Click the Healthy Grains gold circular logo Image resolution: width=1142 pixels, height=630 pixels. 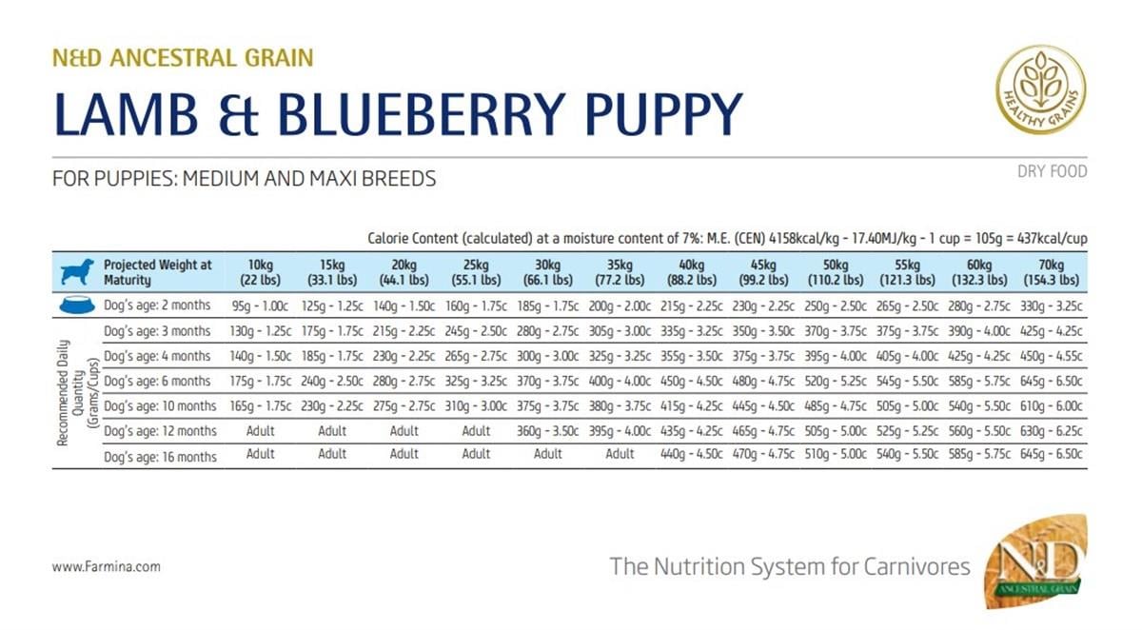click(1040, 90)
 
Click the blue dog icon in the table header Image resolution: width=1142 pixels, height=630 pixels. click(77, 272)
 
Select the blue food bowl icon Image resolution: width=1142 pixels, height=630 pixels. click(77, 306)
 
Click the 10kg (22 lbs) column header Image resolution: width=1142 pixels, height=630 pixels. click(260, 272)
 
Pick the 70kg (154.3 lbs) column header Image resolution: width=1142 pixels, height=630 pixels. click(1051, 272)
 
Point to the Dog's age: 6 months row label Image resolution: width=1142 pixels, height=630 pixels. click(158, 382)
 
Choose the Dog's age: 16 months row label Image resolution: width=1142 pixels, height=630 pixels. click(161, 457)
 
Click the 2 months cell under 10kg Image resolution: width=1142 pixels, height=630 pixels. click(260, 306)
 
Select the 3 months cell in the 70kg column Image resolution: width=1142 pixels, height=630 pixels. click(1051, 331)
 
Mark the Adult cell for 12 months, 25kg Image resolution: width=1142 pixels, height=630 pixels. click(476, 431)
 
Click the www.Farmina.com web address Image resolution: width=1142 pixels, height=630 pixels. click(106, 566)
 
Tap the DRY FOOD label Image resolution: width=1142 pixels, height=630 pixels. click(1052, 172)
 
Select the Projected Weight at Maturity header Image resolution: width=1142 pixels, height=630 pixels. click(158, 272)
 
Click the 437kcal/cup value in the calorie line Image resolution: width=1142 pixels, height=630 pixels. click(1045, 237)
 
